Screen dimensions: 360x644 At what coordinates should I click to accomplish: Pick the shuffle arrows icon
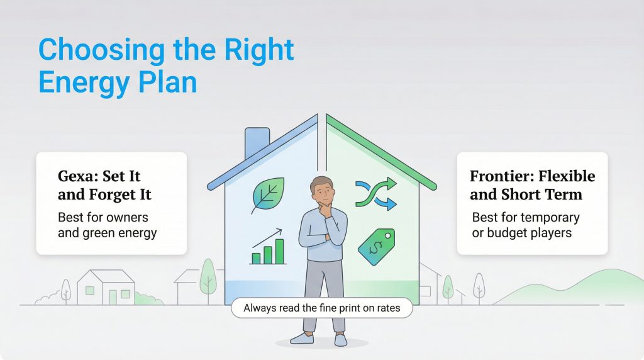pyautogui.click(x=376, y=193)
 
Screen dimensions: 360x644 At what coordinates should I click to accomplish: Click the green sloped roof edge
pyautogui.click(x=384, y=152)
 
